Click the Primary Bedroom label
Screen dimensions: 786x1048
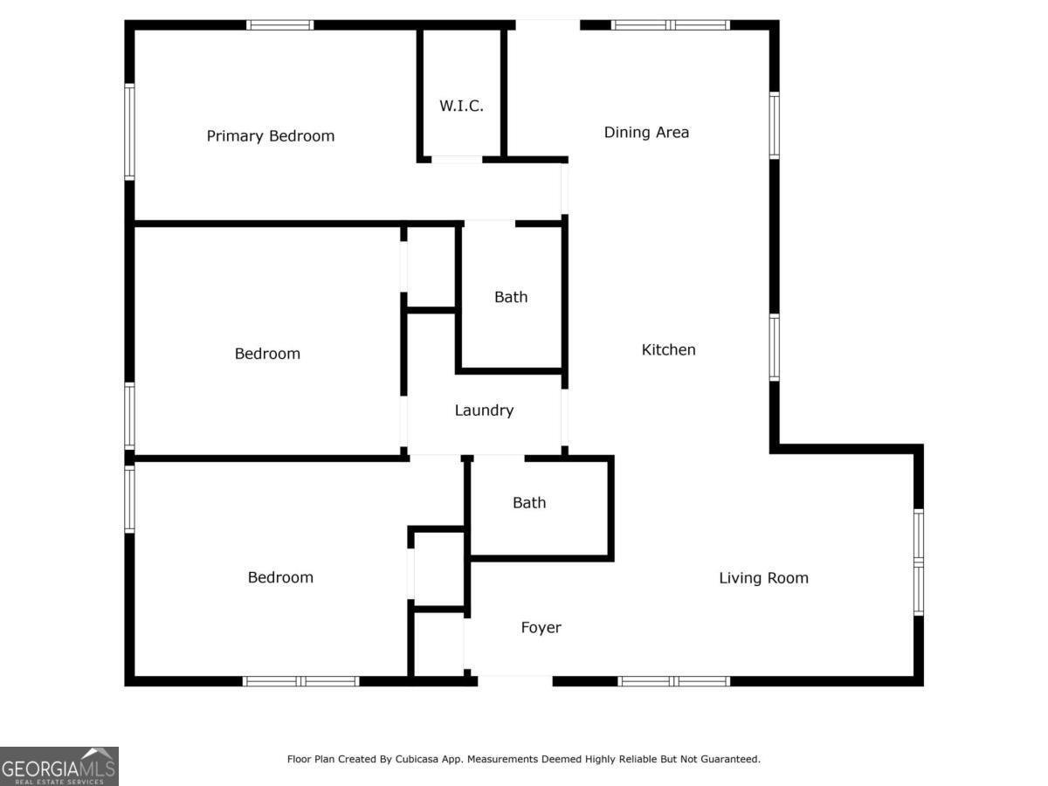click(270, 136)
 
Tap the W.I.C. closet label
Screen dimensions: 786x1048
click(461, 107)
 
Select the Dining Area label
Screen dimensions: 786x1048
click(646, 133)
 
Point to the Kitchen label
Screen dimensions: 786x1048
click(668, 350)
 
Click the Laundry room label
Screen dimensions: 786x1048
click(484, 410)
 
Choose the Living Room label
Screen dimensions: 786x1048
click(763, 578)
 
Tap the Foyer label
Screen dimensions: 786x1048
click(541, 628)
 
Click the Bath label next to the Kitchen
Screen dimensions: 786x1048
click(511, 298)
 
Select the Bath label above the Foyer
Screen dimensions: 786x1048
click(529, 503)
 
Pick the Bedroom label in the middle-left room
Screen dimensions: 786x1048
click(267, 354)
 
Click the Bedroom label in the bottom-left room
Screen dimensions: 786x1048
click(280, 578)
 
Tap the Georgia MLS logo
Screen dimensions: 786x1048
click(59, 766)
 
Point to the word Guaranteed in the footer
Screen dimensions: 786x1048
click(727, 760)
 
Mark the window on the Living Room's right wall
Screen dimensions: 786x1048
click(918, 563)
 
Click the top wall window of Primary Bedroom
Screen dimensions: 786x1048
click(279, 25)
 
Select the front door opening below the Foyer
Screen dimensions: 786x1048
click(514, 679)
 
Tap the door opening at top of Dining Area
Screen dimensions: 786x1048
click(548, 25)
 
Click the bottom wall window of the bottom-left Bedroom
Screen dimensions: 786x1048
click(300, 681)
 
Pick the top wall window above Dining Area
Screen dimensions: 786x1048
click(671, 25)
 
